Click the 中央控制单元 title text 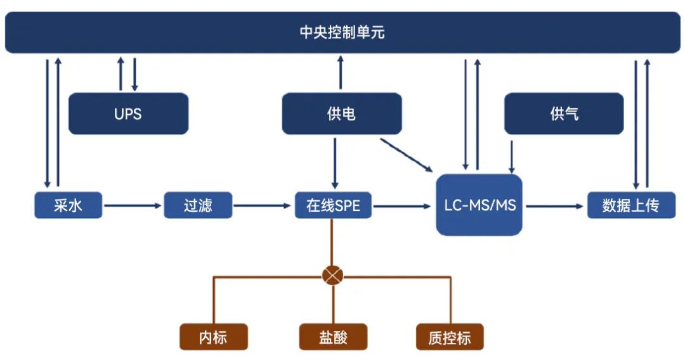(x=342, y=32)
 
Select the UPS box (x=128, y=114)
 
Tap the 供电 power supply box (x=341, y=114)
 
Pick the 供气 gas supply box (x=564, y=114)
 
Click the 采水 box (x=68, y=206)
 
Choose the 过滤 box (x=197, y=206)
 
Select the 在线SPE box (x=333, y=206)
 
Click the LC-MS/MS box (x=479, y=205)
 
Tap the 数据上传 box (x=630, y=206)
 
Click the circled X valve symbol (x=333, y=276)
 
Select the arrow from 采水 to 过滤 (x=133, y=205)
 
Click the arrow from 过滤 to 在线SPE (x=263, y=205)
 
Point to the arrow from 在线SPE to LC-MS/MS (x=401, y=205)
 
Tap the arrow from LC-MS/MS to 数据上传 (x=554, y=205)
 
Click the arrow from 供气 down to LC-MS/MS (x=512, y=156)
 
